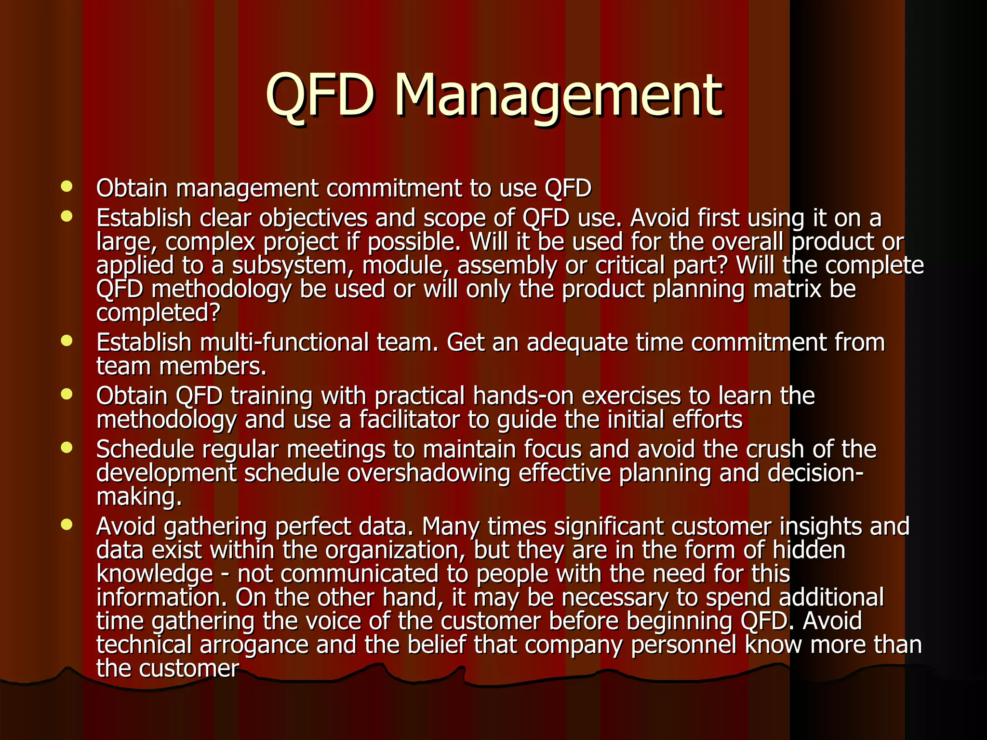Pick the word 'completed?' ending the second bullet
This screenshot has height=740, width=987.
pyautogui.click(x=158, y=313)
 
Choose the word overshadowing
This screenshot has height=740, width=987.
pyautogui.click(x=428, y=473)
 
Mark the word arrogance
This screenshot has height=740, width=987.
pyautogui.click(x=254, y=645)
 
